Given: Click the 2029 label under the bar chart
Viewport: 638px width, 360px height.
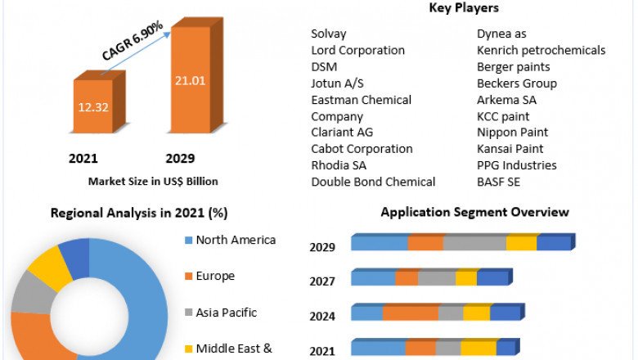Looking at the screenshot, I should (180, 158).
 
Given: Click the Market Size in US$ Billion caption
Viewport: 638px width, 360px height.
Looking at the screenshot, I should (153, 181).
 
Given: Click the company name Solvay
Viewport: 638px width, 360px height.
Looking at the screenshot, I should (329, 34).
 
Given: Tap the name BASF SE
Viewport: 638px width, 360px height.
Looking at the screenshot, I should (498, 181).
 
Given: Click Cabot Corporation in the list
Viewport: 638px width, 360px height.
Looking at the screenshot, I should (362, 148).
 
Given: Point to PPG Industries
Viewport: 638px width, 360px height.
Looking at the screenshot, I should (516, 164).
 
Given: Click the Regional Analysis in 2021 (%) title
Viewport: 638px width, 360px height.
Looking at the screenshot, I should (139, 213).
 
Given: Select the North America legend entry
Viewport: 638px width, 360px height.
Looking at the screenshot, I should (236, 240).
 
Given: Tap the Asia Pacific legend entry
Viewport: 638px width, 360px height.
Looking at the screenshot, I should (227, 312).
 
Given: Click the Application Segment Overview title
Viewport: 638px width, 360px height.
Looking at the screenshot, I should (474, 212).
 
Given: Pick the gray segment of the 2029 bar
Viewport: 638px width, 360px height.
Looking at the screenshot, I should (474, 243).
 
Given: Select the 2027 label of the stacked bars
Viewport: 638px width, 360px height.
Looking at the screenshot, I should (321, 281).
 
